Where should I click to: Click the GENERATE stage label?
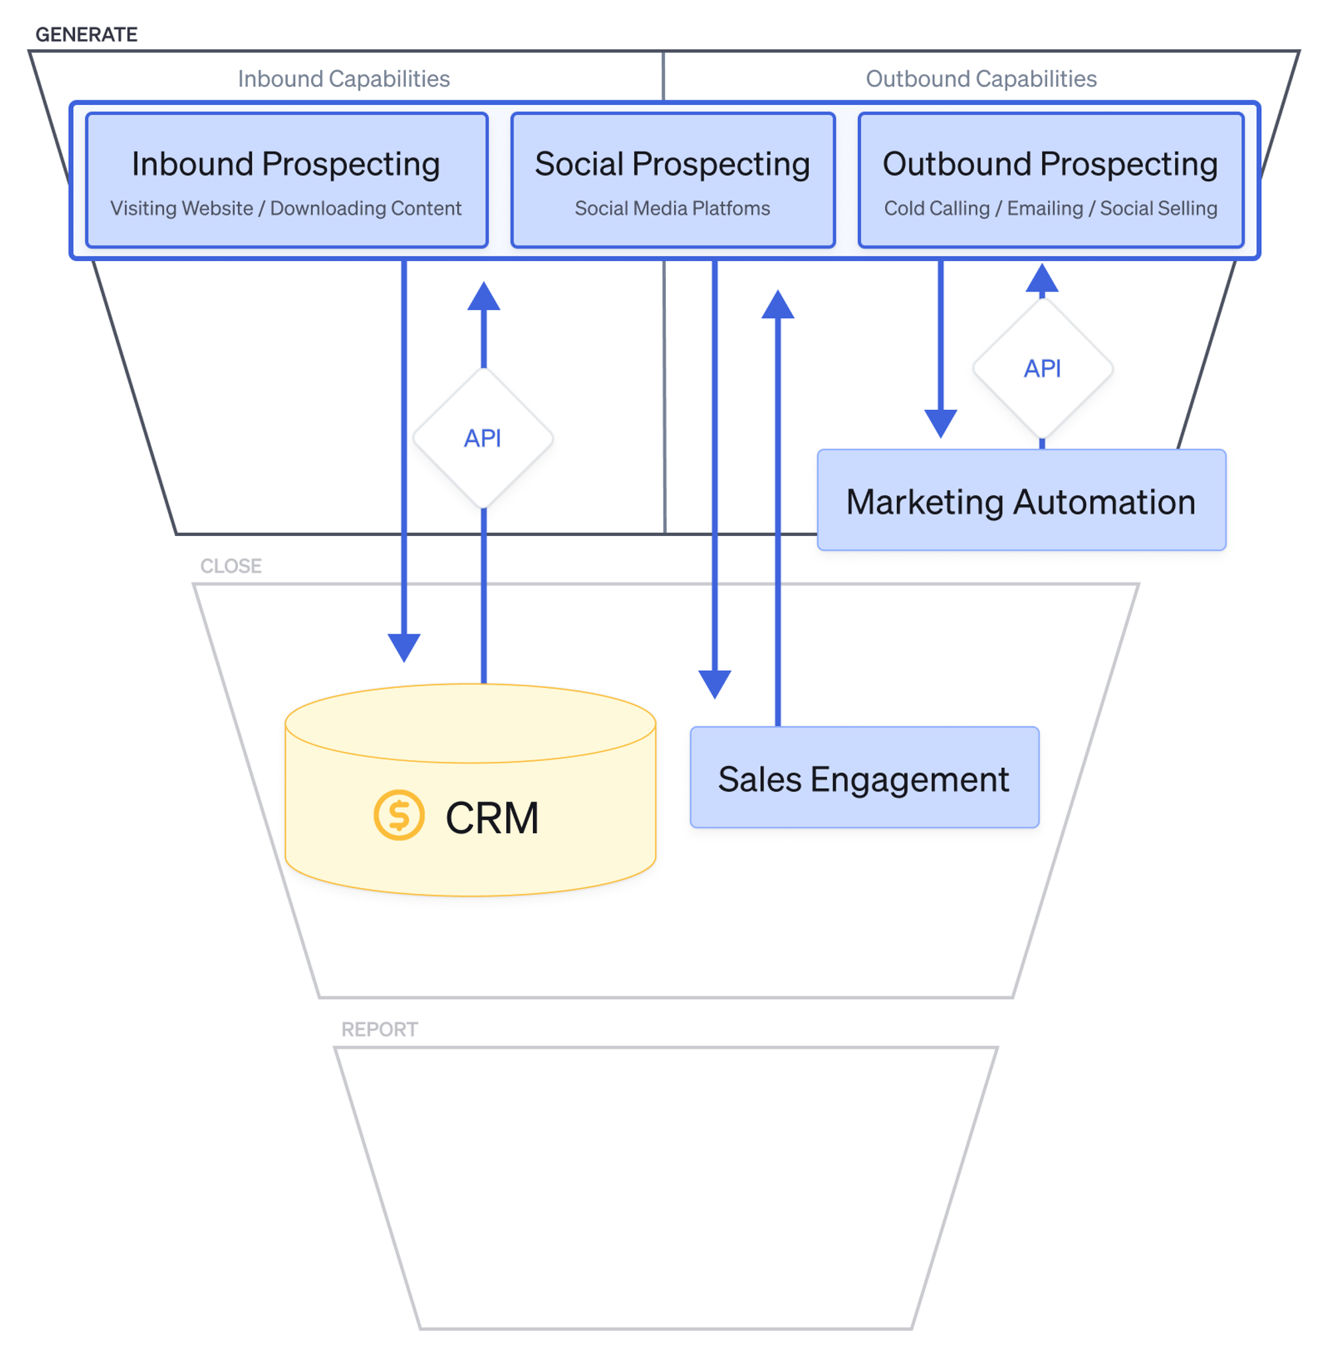[x=86, y=34]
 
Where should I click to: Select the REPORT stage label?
[x=379, y=1029]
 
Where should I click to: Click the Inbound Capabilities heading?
[x=344, y=79]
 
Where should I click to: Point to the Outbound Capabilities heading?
[x=980, y=79]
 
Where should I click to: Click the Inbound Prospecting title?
[x=285, y=165]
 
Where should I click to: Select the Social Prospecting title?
[x=672, y=165]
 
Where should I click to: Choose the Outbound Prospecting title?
[x=1049, y=165]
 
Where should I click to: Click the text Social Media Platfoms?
[x=672, y=209]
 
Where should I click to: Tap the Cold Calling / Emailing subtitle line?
[x=1050, y=209]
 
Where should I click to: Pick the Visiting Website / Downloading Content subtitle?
[x=285, y=209]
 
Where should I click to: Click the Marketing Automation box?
[x=1021, y=501]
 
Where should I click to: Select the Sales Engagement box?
[x=864, y=777]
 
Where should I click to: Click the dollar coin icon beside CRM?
[x=398, y=814]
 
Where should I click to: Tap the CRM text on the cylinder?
[x=492, y=817]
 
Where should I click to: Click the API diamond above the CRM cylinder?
[x=483, y=438]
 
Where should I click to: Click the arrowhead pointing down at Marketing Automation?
[x=940, y=422]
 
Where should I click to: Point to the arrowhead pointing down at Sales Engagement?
[x=714, y=683]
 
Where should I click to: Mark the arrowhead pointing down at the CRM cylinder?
[x=404, y=646]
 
